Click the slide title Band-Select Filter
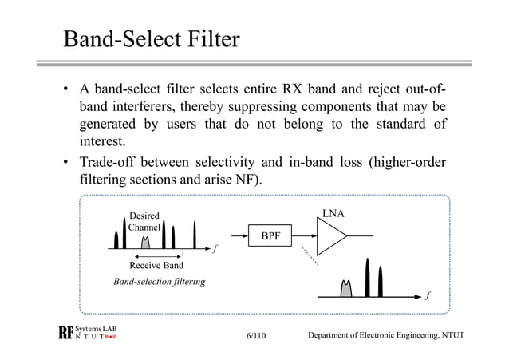click(152, 38)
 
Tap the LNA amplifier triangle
click(330, 236)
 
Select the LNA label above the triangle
click(333, 213)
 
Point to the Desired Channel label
click(144, 221)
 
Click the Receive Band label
click(156, 265)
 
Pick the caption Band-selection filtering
click(160, 282)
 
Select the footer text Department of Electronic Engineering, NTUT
click(385, 338)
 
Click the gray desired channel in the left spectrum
click(145, 242)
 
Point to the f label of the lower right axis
click(428, 296)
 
